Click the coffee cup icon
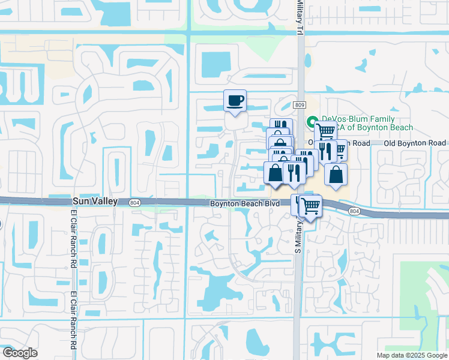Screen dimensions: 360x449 click(x=235, y=100)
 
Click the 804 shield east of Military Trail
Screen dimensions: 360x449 click(x=354, y=211)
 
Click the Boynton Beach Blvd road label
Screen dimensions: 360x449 click(x=245, y=204)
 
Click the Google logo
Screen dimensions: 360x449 click(x=20, y=353)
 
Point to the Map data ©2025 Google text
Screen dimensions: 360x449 click(x=411, y=355)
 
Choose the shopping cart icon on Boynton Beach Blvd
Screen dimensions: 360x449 click(x=310, y=206)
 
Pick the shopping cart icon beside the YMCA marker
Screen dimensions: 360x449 click(x=325, y=131)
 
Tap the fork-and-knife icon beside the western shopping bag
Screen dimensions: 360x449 click(x=293, y=173)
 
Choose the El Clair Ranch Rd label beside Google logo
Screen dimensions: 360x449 click(x=74, y=322)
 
